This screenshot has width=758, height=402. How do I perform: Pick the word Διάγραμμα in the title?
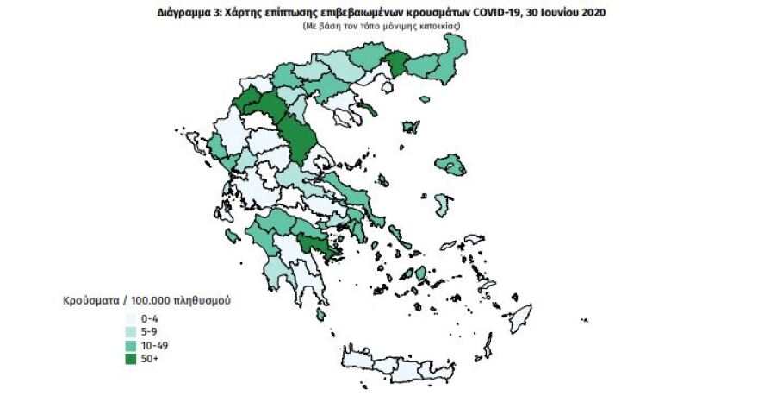pyautogui.click(x=187, y=13)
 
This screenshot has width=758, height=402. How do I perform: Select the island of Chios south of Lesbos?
pyautogui.click(x=443, y=205)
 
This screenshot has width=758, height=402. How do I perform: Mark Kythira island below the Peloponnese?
pyautogui.click(x=320, y=316)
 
